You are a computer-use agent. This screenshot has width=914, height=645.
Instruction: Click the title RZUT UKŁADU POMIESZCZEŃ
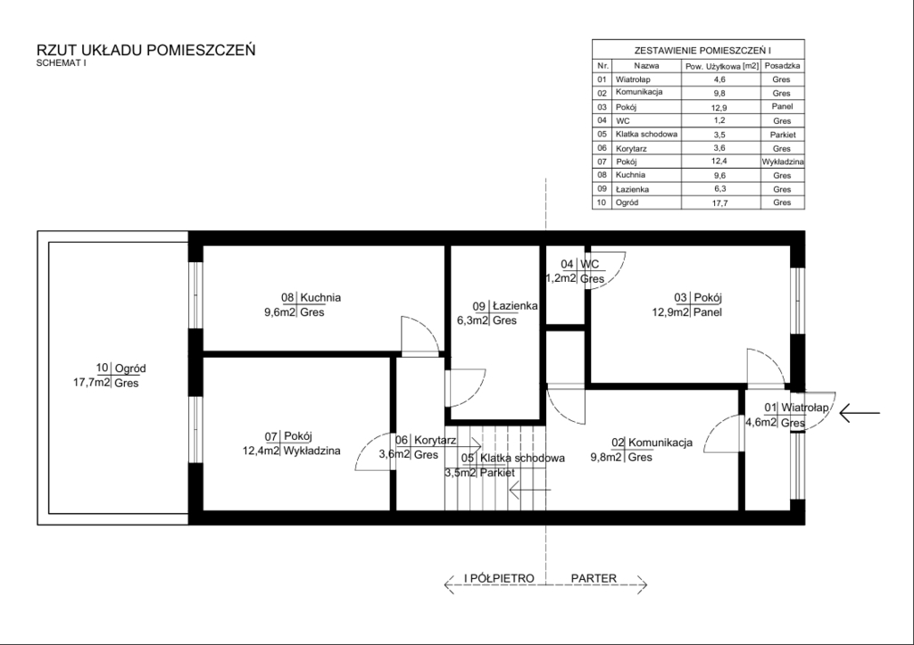point(145,50)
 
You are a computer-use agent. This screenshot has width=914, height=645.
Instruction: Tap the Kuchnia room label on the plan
point(320,297)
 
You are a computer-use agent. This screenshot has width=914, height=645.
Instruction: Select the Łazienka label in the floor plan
point(515,305)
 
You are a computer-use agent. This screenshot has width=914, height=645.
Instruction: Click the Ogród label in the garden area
point(130,368)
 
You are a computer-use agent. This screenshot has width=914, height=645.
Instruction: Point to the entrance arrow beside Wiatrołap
point(860,414)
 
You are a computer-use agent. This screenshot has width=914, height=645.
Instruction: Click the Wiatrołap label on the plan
point(804,408)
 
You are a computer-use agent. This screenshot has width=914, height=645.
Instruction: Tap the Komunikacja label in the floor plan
point(661,442)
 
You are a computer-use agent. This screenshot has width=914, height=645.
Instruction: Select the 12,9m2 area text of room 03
point(670,312)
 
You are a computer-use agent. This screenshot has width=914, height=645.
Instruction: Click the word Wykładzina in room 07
point(312,451)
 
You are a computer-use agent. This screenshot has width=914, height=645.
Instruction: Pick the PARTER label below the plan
point(594,578)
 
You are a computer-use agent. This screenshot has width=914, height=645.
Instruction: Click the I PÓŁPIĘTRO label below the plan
point(499,578)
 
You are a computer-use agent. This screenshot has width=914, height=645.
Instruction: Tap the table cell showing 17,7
point(720,203)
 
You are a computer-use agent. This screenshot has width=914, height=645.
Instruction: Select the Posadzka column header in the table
point(782,66)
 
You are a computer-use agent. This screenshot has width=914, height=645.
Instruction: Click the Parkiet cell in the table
point(782,135)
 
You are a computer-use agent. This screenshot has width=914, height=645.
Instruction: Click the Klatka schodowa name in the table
point(646,134)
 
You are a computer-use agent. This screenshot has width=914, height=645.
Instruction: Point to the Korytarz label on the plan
point(435,441)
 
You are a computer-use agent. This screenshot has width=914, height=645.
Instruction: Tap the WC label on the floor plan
point(589,264)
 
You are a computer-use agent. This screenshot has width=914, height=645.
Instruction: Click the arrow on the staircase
point(530,490)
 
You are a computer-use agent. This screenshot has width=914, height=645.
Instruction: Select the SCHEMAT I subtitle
point(62,63)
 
